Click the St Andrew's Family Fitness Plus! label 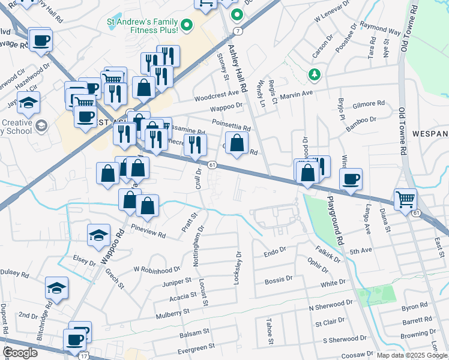pyautogui.click(x=142, y=25)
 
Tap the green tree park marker pyautogui.click(x=313, y=74)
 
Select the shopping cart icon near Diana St pyautogui.click(x=406, y=199)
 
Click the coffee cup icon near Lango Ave pyautogui.click(x=351, y=179)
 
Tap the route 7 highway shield pyautogui.click(x=238, y=30)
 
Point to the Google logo pyautogui.click(x=20, y=353)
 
